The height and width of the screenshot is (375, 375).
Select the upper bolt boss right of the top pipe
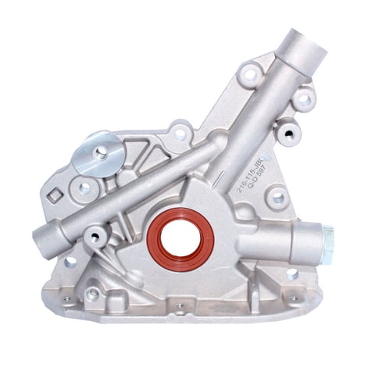tap(305, 98)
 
